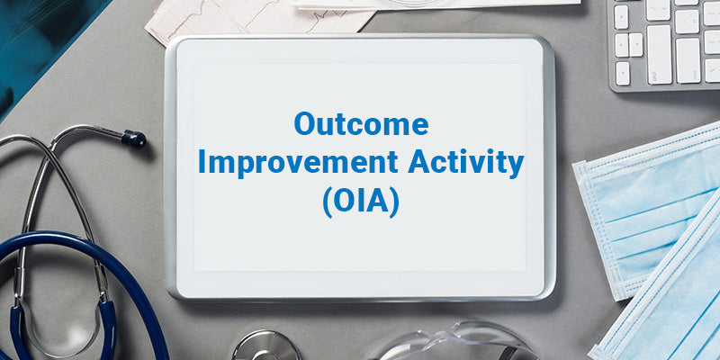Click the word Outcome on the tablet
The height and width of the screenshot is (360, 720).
tap(361, 125)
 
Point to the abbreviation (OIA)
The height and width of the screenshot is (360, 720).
tap(360, 200)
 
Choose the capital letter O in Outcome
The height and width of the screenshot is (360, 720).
tap(305, 125)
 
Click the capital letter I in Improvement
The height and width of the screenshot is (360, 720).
tap(202, 163)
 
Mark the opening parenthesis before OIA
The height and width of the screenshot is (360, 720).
tap(326, 201)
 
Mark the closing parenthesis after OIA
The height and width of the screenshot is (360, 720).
tap(395, 201)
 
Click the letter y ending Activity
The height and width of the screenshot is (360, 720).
tap(514, 166)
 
